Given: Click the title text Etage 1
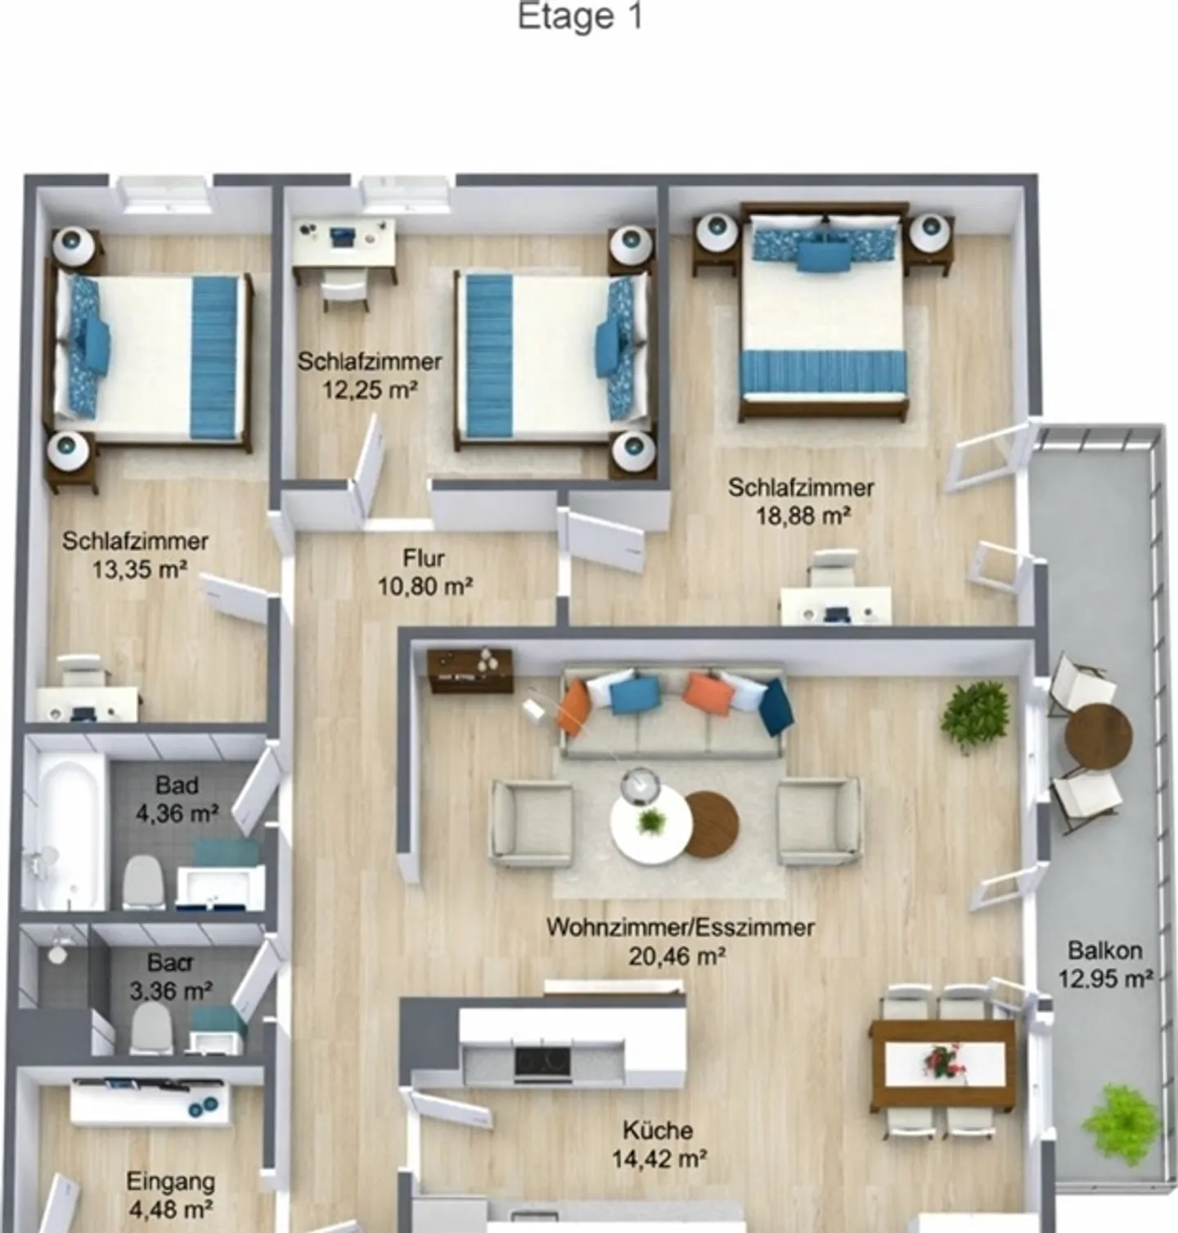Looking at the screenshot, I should pos(580,17).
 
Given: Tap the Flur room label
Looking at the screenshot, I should pos(424,559).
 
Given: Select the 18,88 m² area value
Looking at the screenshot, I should pos(803,516).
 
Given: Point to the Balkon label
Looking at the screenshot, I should pos(1104,951).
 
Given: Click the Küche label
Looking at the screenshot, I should pos(658,1131).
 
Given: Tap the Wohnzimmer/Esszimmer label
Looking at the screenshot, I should pos(680,928).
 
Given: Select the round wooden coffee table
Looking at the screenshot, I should pos(710,825).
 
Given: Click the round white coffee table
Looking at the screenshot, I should pos(650,825).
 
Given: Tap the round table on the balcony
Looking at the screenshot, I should pos(1099,736).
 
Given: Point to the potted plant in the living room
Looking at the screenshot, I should pos(974,716).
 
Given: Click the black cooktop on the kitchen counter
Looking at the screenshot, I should pos(542,1063).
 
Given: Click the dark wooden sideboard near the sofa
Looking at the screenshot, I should pos(471,670).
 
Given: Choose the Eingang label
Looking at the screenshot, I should pos(170,1181).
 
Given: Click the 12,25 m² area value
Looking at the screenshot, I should pos(370,390).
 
